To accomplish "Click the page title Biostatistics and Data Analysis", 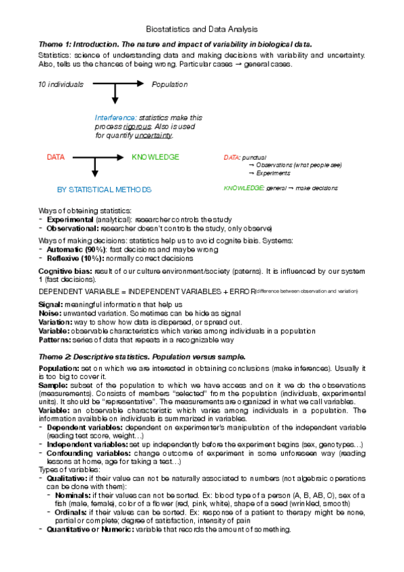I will (x=202, y=29).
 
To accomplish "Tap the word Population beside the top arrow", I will (x=169, y=85).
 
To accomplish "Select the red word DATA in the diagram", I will (x=56, y=157).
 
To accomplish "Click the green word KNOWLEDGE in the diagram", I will (x=155, y=157).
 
